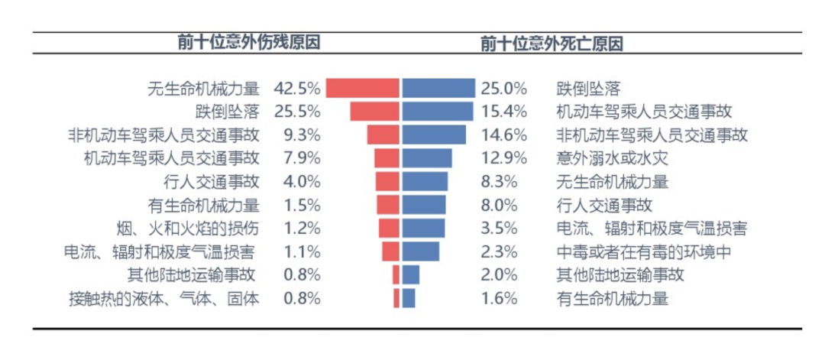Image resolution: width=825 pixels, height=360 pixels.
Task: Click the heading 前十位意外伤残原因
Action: pos(248,43)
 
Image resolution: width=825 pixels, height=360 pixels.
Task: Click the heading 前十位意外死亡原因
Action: pos(552,43)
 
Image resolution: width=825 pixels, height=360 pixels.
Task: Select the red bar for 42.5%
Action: pos(363,88)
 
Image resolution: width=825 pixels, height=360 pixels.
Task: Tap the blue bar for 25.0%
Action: pos(438,88)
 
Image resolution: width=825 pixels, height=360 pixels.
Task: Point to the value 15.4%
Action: pos(504,112)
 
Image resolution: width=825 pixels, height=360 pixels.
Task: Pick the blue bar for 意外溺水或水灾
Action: pos(426,158)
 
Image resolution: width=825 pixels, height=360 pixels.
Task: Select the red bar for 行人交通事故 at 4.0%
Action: pos(388,182)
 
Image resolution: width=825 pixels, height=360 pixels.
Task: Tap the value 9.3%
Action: pos(302,135)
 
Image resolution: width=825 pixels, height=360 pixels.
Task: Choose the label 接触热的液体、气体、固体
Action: pos(164,299)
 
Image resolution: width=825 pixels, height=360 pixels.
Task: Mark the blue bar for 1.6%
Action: pos(409,298)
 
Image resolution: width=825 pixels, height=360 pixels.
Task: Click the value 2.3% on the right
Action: pos(500,252)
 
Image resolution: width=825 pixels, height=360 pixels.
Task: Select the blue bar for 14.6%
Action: pos(434,135)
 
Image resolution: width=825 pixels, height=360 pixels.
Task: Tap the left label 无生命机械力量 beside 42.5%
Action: pos(203,88)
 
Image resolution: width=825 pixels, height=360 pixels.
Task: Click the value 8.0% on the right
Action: pos(500,205)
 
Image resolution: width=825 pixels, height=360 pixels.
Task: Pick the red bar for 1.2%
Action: pos(390,229)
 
